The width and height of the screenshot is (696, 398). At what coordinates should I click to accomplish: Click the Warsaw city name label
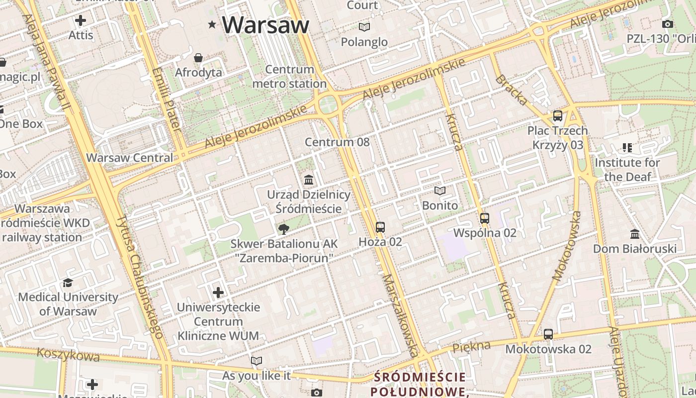tap(265, 24)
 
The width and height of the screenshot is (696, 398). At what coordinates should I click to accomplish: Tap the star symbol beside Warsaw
tap(212, 24)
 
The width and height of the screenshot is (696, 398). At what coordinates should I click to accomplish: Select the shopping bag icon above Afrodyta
tap(198, 58)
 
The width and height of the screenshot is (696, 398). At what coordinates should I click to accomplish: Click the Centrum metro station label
tap(289, 77)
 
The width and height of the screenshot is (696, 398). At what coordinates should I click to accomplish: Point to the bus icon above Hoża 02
tap(380, 227)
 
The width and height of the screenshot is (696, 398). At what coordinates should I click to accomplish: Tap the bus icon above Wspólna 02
tap(485, 218)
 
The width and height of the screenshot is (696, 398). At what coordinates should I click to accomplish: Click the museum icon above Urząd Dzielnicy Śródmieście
tap(309, 180)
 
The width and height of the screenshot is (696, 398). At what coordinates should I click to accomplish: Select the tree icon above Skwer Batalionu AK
tap(284, 229)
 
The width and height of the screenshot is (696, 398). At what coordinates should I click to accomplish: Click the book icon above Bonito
tap(440, 191)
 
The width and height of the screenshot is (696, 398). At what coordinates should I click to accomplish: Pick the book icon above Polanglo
tap(364, 27)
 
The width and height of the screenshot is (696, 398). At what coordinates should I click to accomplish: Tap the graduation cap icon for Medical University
tap(68, 283)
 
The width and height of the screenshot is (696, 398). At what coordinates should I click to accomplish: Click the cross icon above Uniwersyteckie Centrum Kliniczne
tap(218, 292)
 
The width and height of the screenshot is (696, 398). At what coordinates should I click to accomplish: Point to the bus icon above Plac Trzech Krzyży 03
tap(558, 116)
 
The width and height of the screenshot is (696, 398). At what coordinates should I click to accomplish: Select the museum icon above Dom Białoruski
tap(635, 234)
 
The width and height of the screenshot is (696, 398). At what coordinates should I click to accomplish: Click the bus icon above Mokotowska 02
tap(548, 334)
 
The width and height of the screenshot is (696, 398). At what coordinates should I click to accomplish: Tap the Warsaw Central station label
tap(130, 158)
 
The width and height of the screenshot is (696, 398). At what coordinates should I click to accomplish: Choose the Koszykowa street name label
tap(68, 355)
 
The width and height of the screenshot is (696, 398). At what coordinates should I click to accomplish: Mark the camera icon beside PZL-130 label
tap(668, 24)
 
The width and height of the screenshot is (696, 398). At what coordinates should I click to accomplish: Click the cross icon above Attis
tap(81, 20)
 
